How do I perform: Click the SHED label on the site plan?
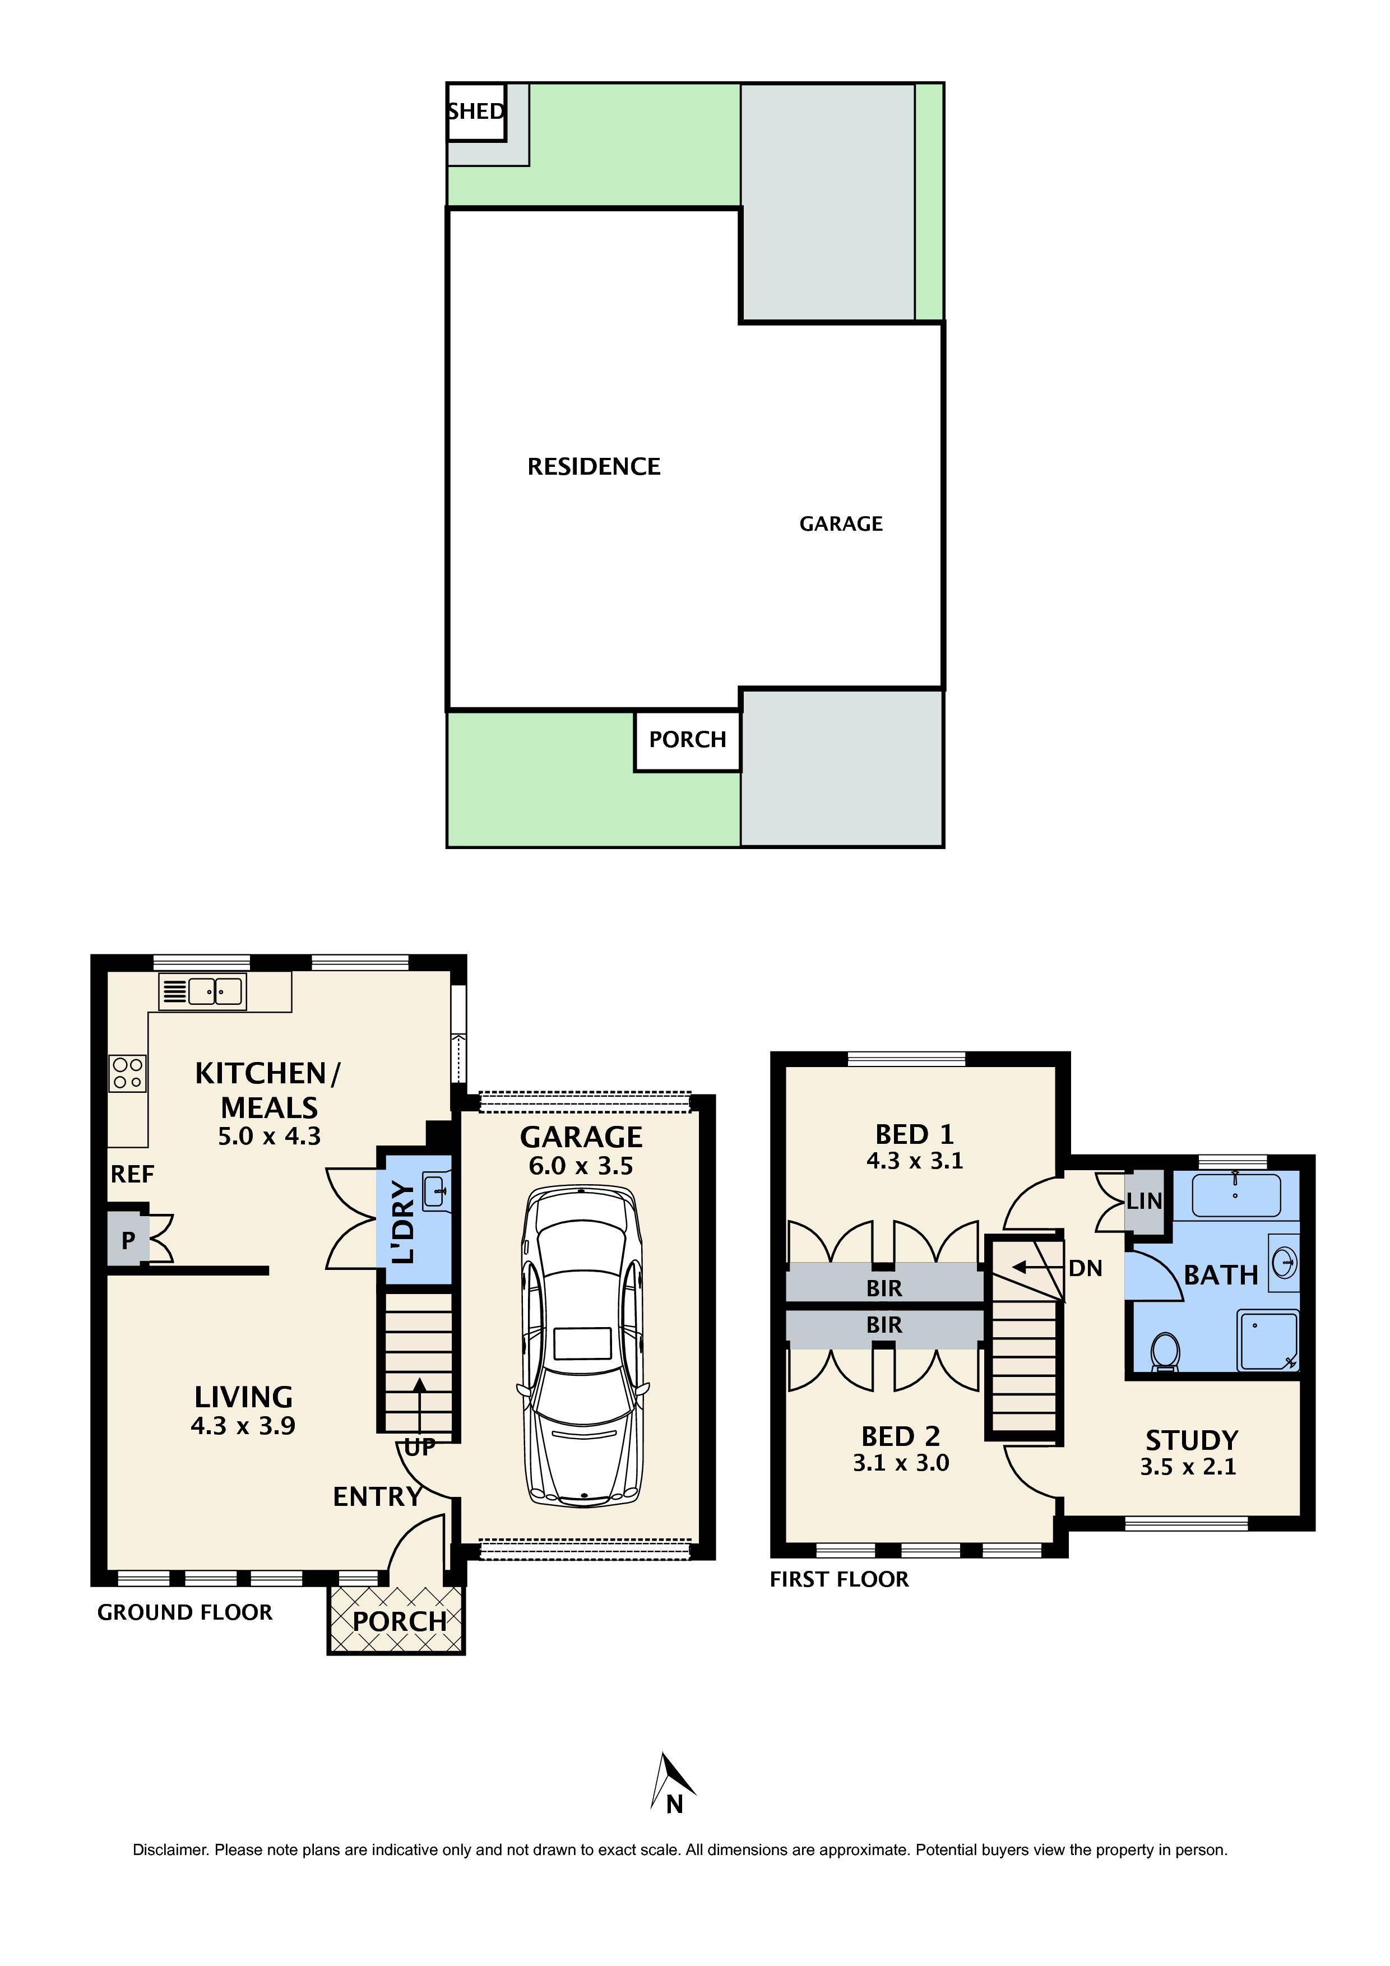(x=476, y=112)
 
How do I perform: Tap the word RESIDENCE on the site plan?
(x=594, y=467)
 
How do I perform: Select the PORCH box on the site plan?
(x=687, y=740)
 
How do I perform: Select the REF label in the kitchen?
(x=132, y=1175)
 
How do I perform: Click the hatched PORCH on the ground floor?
(x=396, y=1620)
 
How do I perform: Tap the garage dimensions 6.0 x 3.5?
(x=581, y=1165)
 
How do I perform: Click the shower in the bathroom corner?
(x=1267, y=1341)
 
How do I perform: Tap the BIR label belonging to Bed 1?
(x=884, y=1288)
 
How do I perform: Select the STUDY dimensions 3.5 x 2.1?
(x=1187, y=1467)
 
